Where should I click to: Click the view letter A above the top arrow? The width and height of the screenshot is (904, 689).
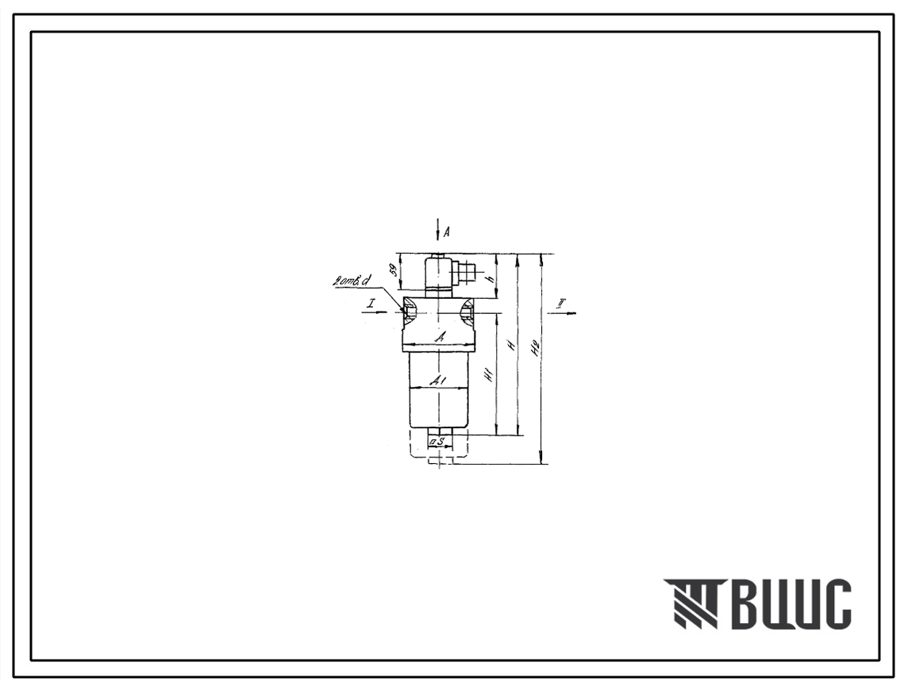[x=447, y=232]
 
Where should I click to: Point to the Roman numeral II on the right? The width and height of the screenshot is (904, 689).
[x=561, y=304]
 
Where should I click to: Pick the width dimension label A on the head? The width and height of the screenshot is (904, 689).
[x=439, y=337]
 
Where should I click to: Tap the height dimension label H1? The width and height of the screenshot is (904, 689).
[x=489, y=375]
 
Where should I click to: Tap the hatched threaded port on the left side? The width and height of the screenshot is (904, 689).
[x=410, y=312]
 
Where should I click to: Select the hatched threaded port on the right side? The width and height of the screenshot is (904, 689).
[x=468, y=312]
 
